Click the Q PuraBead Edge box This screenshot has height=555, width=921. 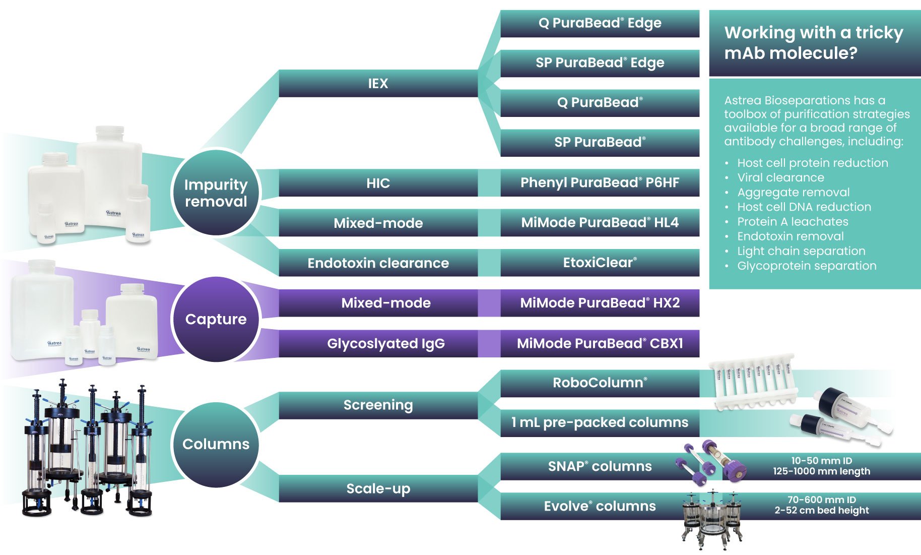pos(600,23)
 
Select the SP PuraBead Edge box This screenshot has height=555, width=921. pos(600,63)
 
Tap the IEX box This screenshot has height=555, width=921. pos(378,83)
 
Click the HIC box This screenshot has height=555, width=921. pos(378,183)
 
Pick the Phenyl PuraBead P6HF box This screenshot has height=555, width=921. pos(600,182)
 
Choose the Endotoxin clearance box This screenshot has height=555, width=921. pos(378,263)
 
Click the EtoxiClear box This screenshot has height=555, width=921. pos(600,263)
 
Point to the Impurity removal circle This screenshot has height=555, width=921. pos(216,193)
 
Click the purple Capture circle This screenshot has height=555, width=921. pos(216,319)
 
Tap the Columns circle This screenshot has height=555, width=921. pos(216,444)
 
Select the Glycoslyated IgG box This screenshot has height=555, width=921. pos(385,343)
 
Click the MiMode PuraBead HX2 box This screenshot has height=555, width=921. pos(600,303)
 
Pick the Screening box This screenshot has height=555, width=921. pos(378,405)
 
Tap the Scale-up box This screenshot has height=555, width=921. pos(378,488)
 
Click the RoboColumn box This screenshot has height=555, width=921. pos(600,383)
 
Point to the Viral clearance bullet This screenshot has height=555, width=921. pos(780,177)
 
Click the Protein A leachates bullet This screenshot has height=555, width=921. pos(793,222)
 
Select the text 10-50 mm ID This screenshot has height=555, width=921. pos(821,461)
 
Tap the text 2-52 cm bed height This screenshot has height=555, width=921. pos(821,510)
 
